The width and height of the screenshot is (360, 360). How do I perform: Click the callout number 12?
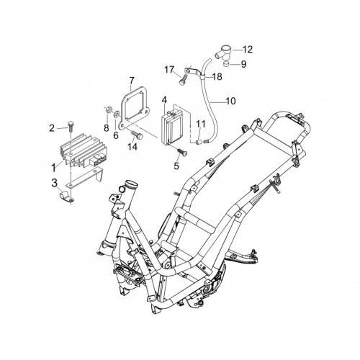pyautogui.click(x=248, y=50)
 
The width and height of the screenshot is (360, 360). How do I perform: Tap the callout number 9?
pyautogui.click(x=243, y=64)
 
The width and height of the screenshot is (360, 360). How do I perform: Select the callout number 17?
pyautogui.click(x=170, y=70)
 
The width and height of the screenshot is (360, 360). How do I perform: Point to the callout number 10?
pyautogui.click(x=231, y=101)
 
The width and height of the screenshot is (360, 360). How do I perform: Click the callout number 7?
pyautogui.click(x=132, y=81)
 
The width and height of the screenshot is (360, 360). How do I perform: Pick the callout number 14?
pyautogui.click(x=132, y=146)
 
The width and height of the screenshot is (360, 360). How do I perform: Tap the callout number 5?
pyautogui.click(x=176, y=166)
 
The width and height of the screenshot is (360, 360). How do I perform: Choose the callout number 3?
pyautogui.click(x=55, y=183)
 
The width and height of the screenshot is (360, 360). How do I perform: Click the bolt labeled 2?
pyautogui.click(x=71, y=127)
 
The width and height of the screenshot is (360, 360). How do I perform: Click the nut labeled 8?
pyautogui.click(x=108, y=110)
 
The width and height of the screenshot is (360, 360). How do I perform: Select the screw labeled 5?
pyautogui.click(x=182, y=152)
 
